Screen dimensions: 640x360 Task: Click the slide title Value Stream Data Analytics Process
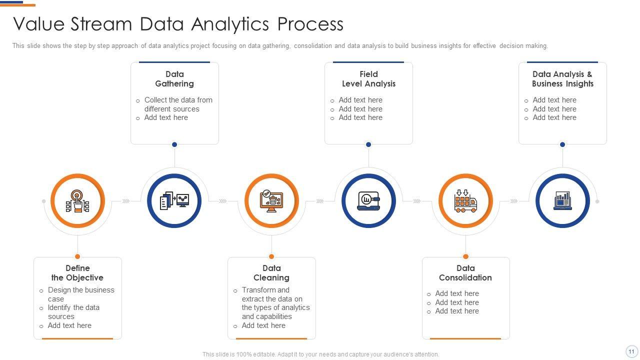(x=178, y=24)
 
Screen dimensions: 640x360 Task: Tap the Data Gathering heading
(x=174, y=79)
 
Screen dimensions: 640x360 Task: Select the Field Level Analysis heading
(x=368, y=79)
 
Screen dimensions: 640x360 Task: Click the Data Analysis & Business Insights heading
(x=562, y=79)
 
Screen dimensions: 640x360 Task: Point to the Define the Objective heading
(x=77, y=273)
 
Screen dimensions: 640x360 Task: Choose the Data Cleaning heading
(x=271, y=273)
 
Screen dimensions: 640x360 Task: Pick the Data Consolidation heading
(x=465, y=273)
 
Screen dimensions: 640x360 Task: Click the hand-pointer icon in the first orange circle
(x=77, y=201)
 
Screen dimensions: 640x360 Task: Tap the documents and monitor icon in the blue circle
(x=174, y=201)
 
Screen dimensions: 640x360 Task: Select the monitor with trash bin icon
(x=271, y=201)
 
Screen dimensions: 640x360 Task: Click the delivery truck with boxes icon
(x=465, y=201)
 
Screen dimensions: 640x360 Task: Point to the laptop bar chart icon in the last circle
(x=562, y=201)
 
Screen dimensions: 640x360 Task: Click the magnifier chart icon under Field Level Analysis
(x=368, y=201)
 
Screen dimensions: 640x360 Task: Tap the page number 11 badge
(x=631, y=351)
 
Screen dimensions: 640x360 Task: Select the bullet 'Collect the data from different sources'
(x=178, y=104)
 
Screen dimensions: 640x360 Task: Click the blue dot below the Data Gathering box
(x=174, y=144)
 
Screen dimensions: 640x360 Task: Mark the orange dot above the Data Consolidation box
(x=465, y=256)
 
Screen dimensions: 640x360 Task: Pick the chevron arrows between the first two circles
(x=126, y=201)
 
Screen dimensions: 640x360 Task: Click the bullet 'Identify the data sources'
(x=73, y=312)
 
